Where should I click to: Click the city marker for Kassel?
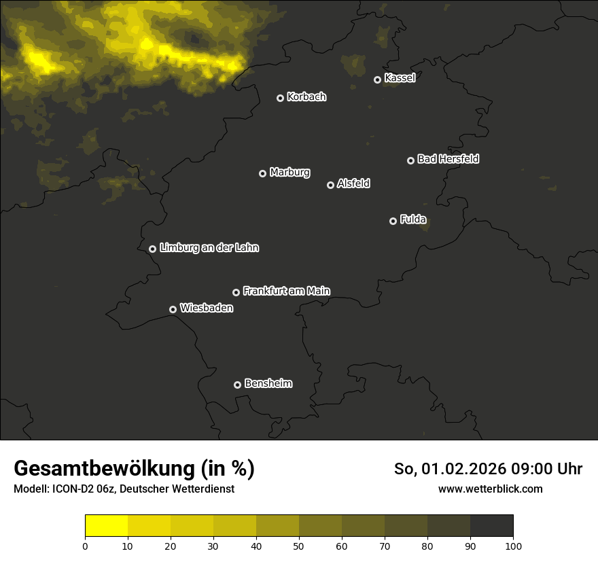[x=377, y=80]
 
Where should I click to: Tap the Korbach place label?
[x=306, y=96]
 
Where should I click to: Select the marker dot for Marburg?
[x=262, y=173]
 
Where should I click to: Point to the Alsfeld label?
[x=353, y=183]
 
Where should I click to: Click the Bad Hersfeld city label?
[x=448, y=159]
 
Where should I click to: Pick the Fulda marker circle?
[x=393, y=221]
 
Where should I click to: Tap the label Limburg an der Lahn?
[x=209, y=247]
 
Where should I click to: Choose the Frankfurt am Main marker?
[x=236, y=292]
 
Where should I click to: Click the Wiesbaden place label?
[x=206, y=308]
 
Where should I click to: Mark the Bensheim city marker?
[x=237, y=385]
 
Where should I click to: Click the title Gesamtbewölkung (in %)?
[x=134, y=469]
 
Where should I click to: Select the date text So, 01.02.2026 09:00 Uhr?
[x=488, y=469]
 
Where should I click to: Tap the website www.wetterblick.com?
[x=490, y=489]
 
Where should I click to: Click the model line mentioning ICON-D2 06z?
[x=124, y=489]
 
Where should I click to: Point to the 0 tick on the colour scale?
[x=85, y=545]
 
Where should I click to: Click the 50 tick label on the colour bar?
[x=299, y=545]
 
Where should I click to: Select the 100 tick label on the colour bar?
[x=513, y=545]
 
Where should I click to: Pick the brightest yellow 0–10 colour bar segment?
[x=106, y=526]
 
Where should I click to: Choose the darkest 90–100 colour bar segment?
[x=491, y=526]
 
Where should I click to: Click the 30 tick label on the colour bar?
[x=213, y=545]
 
